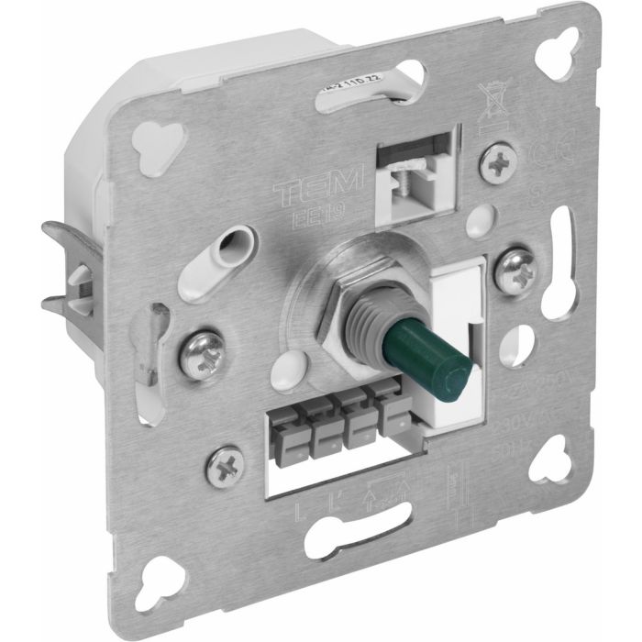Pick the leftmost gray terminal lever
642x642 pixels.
click(285, 431)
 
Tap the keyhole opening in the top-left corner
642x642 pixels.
click(150, 138)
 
